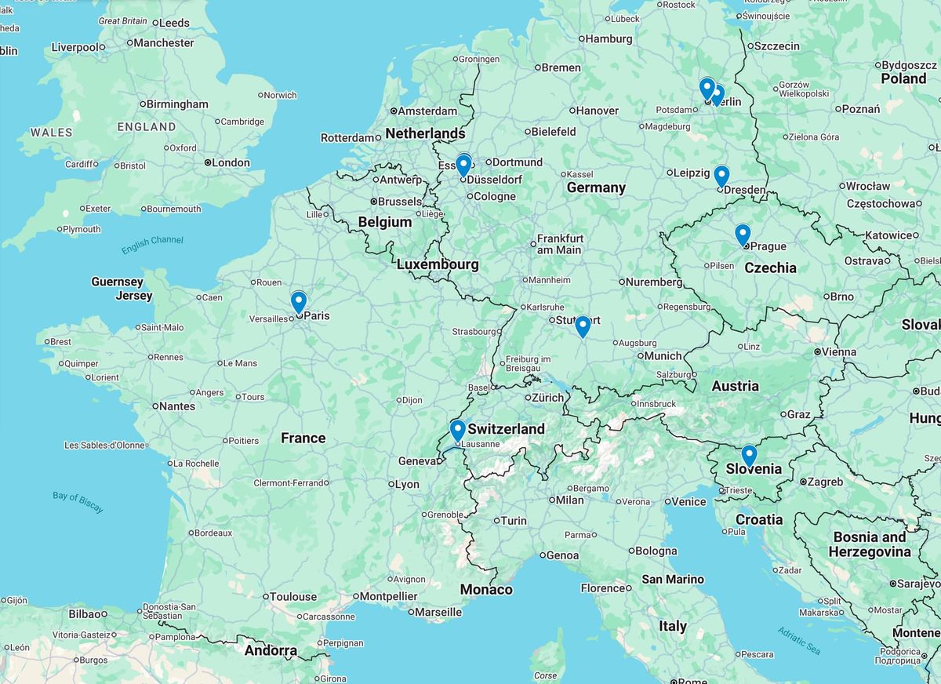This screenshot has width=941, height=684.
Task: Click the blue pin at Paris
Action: [x=298, y=301]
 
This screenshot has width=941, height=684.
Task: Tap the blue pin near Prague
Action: [x=742, y=234]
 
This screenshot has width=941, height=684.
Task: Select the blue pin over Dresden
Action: [x=721, y=175]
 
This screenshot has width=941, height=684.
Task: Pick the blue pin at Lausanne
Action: [x=457, y=430]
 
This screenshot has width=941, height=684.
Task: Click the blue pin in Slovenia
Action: [x=749, y=455]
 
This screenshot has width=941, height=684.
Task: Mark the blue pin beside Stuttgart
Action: [x=582, y=326]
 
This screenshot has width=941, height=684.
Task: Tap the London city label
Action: [x=231, y=163]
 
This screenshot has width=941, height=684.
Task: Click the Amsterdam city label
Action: [x=427, y=111]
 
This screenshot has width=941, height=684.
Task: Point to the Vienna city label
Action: [x=838, y=352]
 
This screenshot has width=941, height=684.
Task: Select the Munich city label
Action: [x=663, y=356]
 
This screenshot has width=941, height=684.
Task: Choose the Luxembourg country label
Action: [x=437, y=264]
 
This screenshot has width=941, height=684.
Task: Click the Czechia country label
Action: [x=770, y=267]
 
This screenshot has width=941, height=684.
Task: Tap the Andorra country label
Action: [x=271, y=650]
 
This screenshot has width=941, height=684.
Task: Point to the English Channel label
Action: [x=152, y=245]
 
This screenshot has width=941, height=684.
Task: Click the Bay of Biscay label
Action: [x=78, y=502]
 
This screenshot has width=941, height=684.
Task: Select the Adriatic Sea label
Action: [x=799, y=640]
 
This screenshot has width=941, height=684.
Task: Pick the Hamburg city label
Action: [x=609, y=38]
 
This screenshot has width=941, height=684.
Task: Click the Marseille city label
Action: [x=438, y=612]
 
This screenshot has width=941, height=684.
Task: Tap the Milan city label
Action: [x=570, y=500]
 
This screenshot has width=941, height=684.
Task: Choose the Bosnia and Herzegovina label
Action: [x=871, y=544]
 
